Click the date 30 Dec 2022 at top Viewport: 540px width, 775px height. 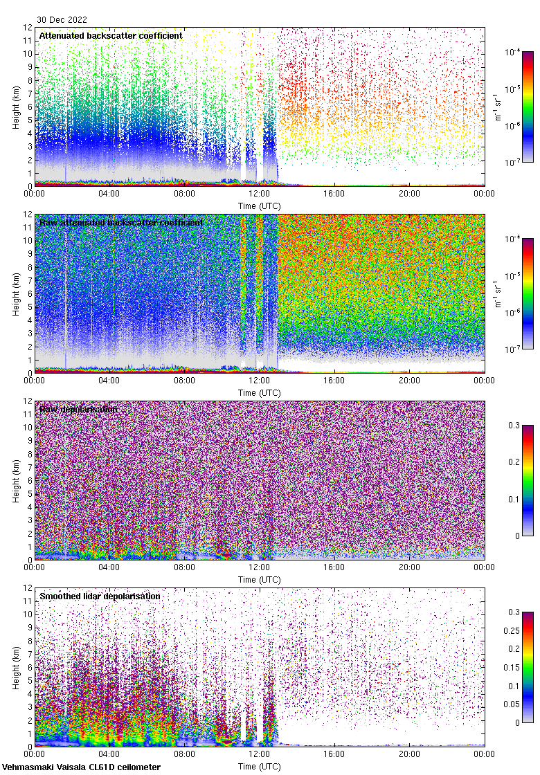tap(62, 20)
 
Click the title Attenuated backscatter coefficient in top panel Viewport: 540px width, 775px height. tap(111, 35)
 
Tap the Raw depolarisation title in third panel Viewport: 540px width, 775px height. tap(78, 409)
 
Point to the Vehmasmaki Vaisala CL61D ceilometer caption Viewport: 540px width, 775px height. tap(81, 767)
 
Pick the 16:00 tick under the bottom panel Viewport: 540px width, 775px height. tap(334, 754)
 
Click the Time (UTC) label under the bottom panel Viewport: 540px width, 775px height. tap(260, 766)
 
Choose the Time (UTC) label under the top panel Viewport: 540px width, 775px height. tap(260, 206)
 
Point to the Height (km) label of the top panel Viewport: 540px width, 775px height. tap(16, 107)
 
